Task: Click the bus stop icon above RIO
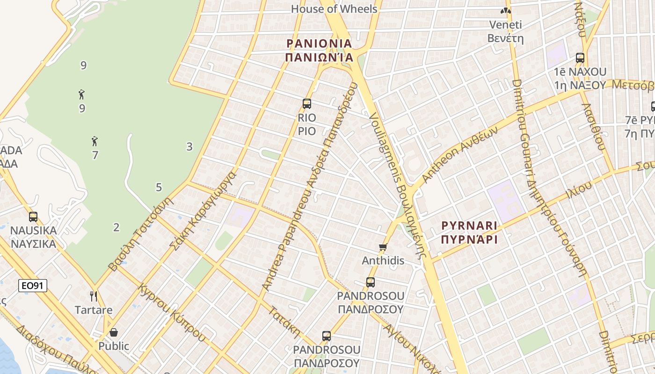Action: click(x=307, y=104)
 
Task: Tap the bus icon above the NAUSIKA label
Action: click(x=33, y=217)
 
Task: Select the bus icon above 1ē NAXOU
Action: click(x=580, y=58)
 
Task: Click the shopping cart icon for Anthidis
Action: click(x=383, y=247)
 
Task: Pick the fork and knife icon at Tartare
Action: click(x=94, y=296)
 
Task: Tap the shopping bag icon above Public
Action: click(x=114, y=332)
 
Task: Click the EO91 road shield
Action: click(x=33, y=286)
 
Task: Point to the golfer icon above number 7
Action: click(x=95, y=141)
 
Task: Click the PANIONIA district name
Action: click(x=319, y=43)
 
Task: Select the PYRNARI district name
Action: click(x=469, y=226)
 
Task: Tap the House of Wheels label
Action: click(x=334, y=9)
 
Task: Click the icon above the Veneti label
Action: click(x=505, y=11)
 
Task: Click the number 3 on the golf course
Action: click(x=189, y=147)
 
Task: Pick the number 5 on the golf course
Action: click(x=159, y=187)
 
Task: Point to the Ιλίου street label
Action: click(x=578, y=189)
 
